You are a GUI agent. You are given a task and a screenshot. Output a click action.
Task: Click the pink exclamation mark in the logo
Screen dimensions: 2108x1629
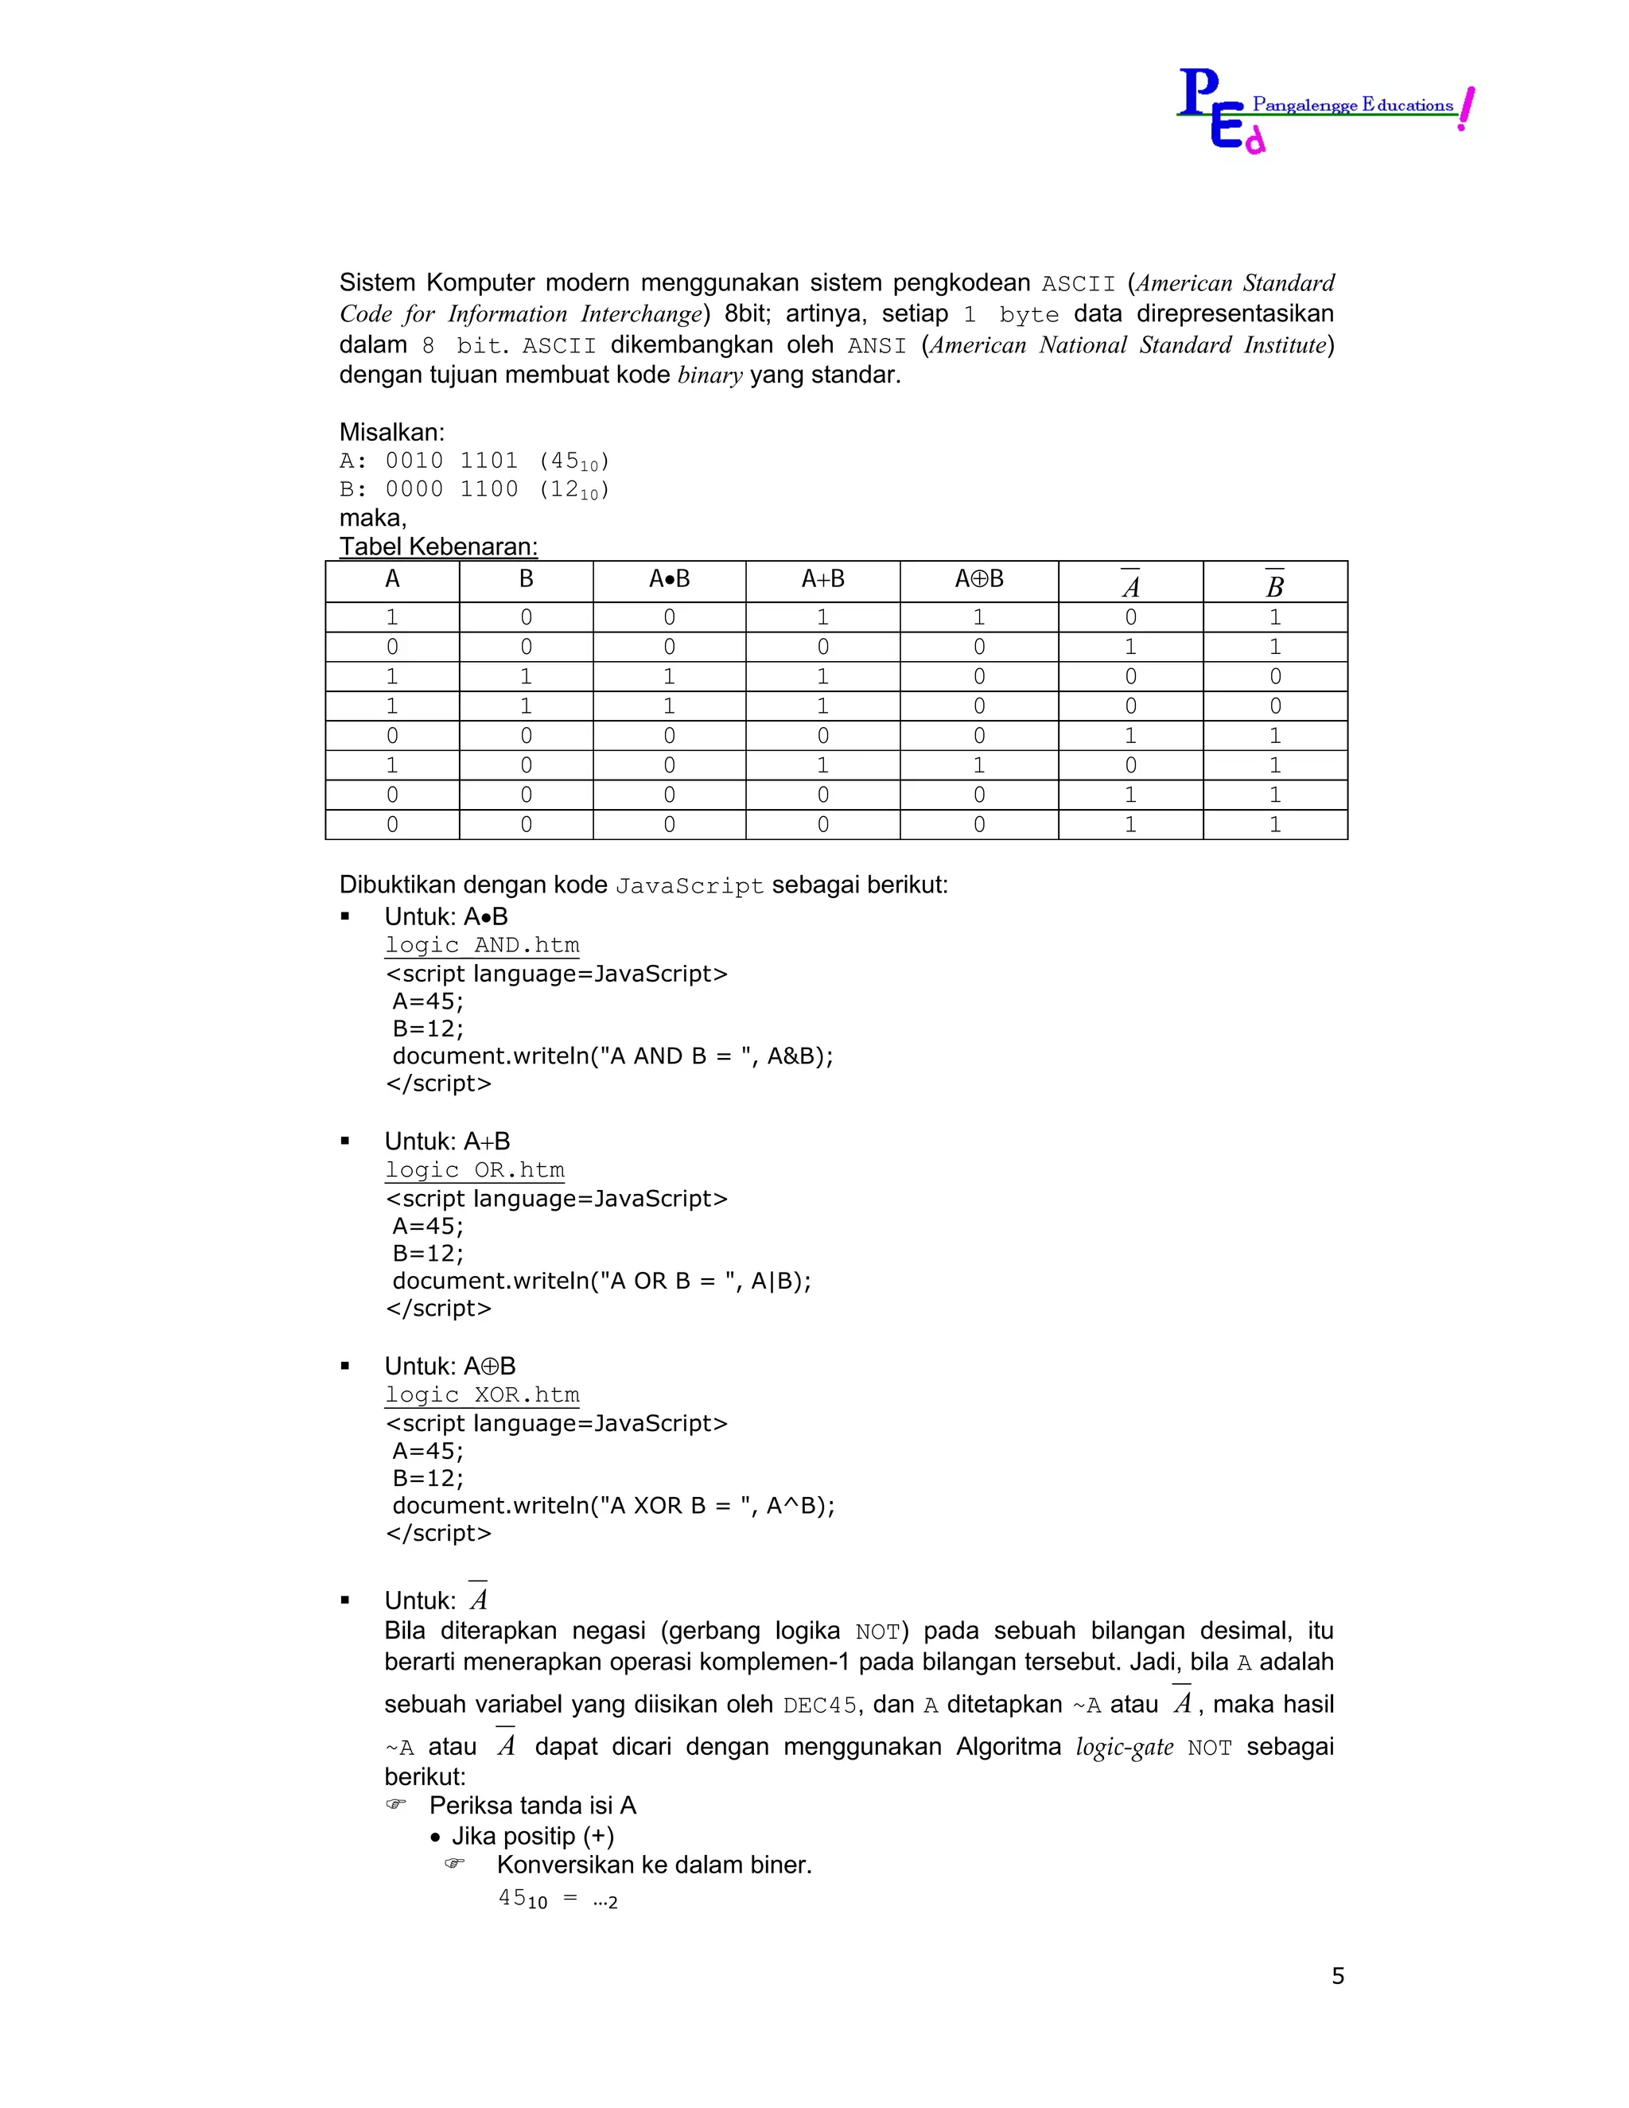1466,108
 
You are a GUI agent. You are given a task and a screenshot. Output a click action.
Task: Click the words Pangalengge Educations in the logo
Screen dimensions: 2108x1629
1352,104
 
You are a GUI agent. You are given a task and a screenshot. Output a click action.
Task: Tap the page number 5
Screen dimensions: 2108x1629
1338,1975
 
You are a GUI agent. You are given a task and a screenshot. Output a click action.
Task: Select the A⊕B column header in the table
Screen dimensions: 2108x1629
978,579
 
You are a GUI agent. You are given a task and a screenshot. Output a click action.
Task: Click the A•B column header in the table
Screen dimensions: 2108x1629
669,579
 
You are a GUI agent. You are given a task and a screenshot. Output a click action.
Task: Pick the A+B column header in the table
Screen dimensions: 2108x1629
822,579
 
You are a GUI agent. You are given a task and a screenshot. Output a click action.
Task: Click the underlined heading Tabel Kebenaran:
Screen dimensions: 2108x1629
438,546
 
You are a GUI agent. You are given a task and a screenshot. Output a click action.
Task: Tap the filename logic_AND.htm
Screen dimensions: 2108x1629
483,945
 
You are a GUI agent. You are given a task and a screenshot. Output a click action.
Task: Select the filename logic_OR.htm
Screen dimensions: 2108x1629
475,1170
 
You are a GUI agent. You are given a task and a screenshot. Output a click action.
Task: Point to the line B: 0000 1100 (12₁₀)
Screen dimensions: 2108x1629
475,489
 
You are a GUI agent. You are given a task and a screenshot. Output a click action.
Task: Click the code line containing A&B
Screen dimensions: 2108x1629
612,1056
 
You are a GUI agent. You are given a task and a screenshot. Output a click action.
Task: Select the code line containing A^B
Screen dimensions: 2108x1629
612,1506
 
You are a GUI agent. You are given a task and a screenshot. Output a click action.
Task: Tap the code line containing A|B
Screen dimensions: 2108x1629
601,1281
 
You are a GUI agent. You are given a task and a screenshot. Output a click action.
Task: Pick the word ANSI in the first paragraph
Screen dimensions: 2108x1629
877,345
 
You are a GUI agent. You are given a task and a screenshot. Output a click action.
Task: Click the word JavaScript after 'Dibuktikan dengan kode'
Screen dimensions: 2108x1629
689,886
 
